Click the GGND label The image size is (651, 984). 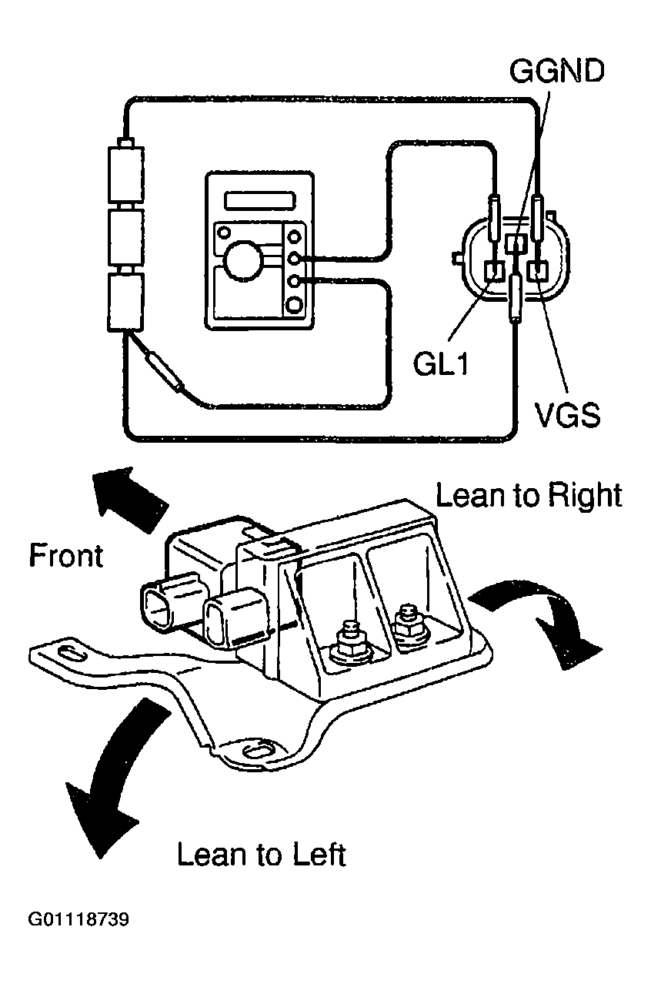tap(556, 71)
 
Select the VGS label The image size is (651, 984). tap(566, 415)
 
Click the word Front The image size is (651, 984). tap(66, 555)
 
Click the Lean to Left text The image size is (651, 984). tap(262, 855)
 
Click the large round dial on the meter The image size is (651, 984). tap(242, 260)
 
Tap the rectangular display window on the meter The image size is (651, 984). tap(260, 200)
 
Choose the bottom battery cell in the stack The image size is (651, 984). tap(126, 302)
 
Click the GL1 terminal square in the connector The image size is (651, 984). tap(494, 272)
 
